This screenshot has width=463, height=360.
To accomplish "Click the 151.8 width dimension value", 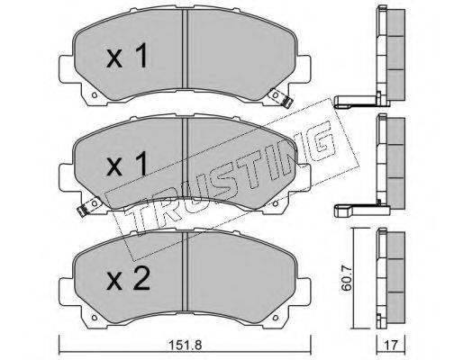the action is click(x=185, y=346).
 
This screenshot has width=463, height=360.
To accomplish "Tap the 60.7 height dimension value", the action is click(x=347, y=280).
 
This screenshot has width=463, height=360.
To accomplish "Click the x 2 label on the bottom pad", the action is click(x=128, y=279).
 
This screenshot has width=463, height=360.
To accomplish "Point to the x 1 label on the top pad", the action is click(x=127, y=56).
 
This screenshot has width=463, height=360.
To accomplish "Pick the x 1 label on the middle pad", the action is click(x=127, y=164).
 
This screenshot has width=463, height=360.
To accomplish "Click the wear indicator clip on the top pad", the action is click(x=281, y=98).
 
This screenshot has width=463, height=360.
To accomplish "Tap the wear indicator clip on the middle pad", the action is click(x=89, y=206).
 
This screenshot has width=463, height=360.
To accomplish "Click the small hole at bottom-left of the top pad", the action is click(x=95, y=95).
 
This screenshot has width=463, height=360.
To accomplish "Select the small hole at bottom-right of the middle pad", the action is click(x=275, y=203).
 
